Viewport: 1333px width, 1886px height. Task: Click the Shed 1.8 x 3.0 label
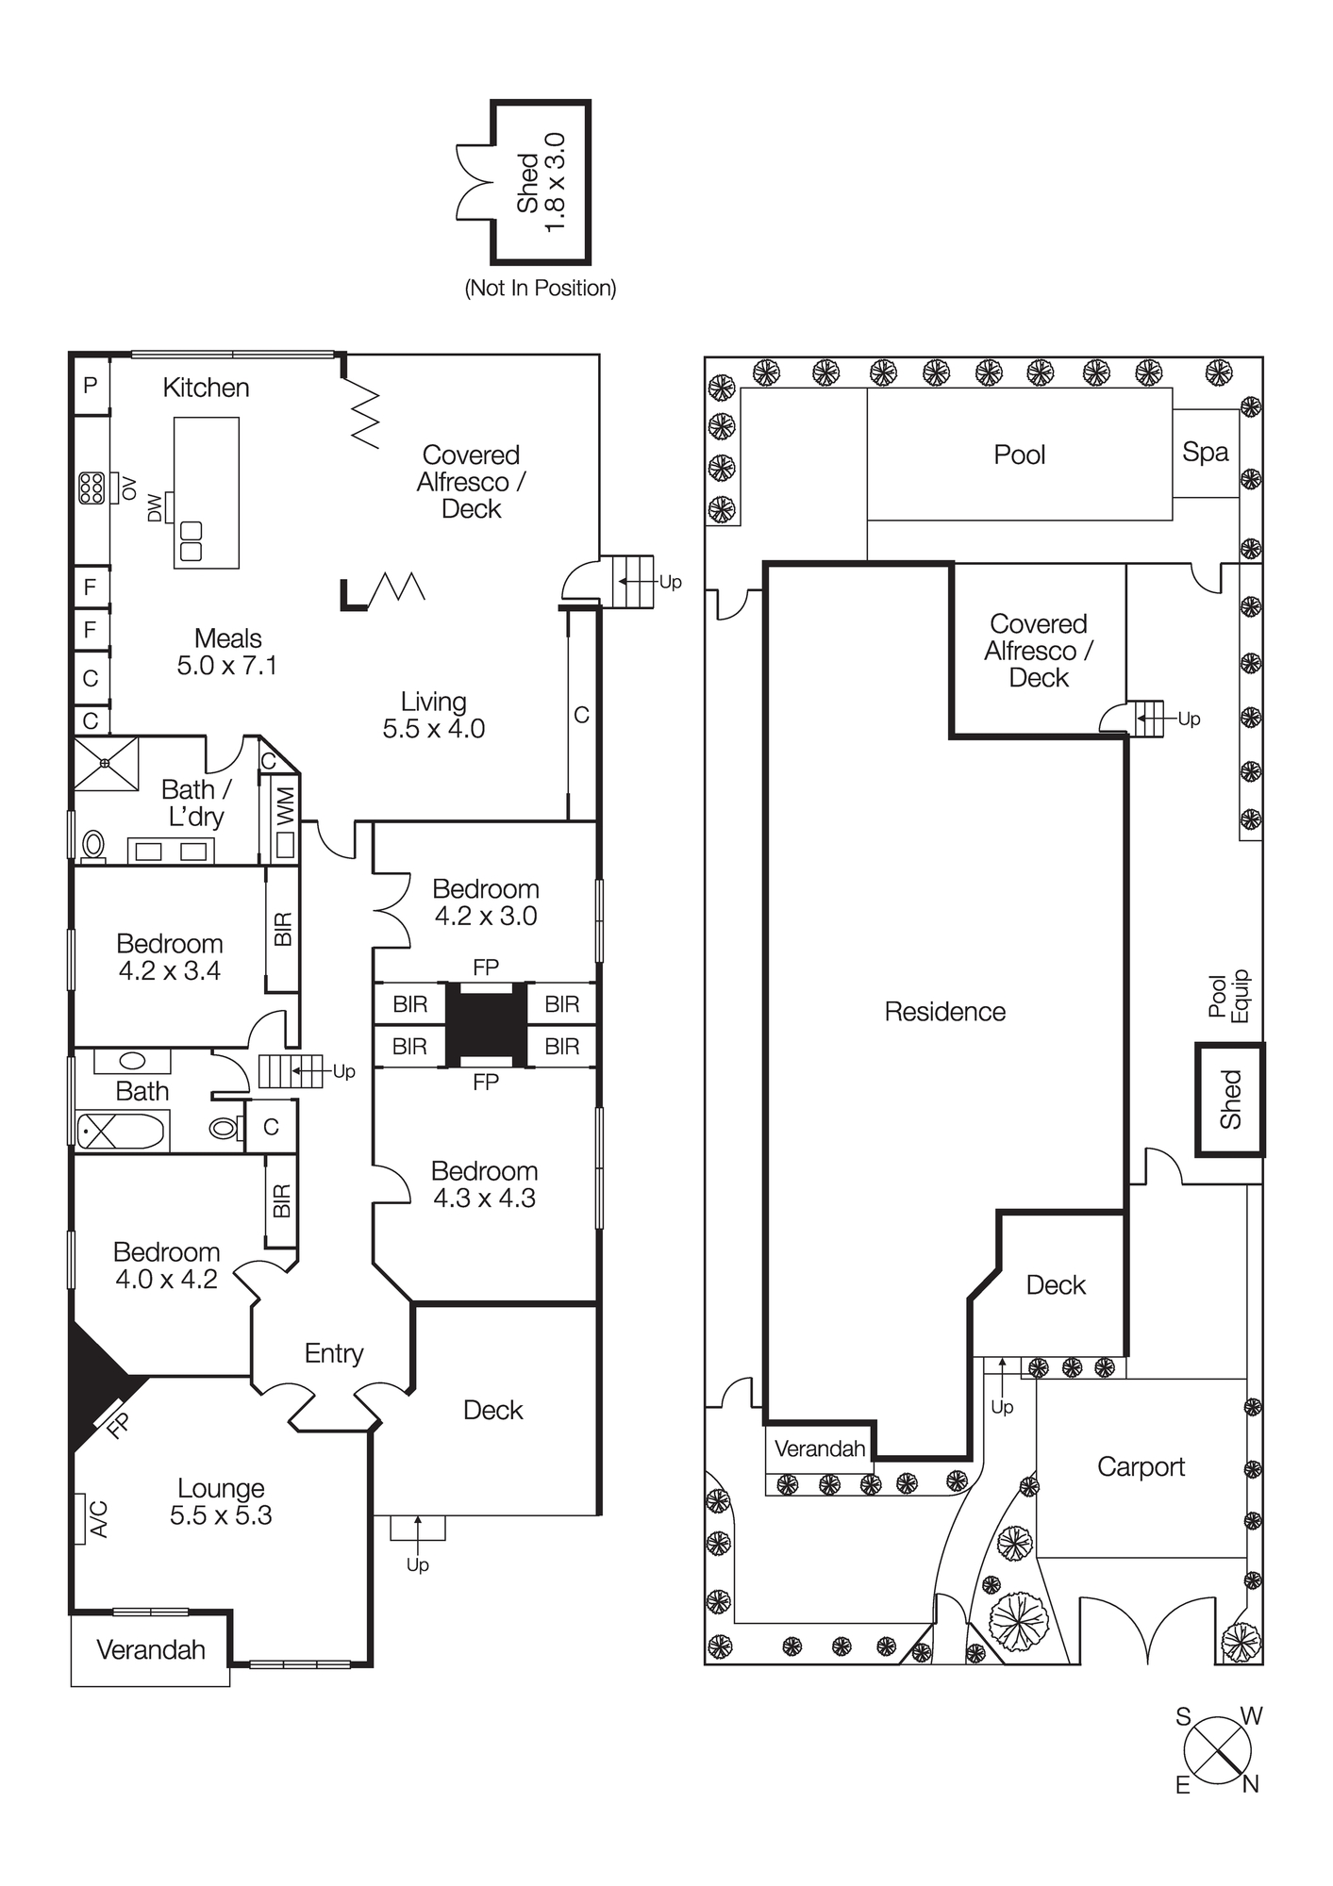(541, 184)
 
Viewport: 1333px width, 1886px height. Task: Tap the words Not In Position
(540, 289)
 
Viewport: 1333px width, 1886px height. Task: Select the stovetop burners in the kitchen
(92, 488)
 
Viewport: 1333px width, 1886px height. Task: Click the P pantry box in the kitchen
(91, 385)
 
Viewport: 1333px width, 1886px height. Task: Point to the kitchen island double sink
(192, 540)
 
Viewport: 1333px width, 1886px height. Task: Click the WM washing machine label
(285, 807)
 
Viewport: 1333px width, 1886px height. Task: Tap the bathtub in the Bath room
(121, 1131)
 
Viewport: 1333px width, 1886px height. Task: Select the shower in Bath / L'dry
(107, 763)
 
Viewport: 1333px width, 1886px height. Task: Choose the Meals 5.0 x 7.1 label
(227, 652)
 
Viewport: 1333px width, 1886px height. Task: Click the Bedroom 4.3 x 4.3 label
(484, 1184)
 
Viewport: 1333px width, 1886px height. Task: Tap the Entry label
(333, 1353)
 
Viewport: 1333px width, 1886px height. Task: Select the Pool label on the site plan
(1019, 455)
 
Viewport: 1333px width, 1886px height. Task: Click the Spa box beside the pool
(1205, 453)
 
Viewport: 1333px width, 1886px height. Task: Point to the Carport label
(1140, 1466)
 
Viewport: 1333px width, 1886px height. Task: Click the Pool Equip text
(1228, 996)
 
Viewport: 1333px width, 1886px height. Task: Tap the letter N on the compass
(1250, 1784)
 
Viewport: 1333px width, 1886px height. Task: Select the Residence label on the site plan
(944, 1012)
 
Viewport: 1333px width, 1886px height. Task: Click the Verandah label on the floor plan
(150, 1649)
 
